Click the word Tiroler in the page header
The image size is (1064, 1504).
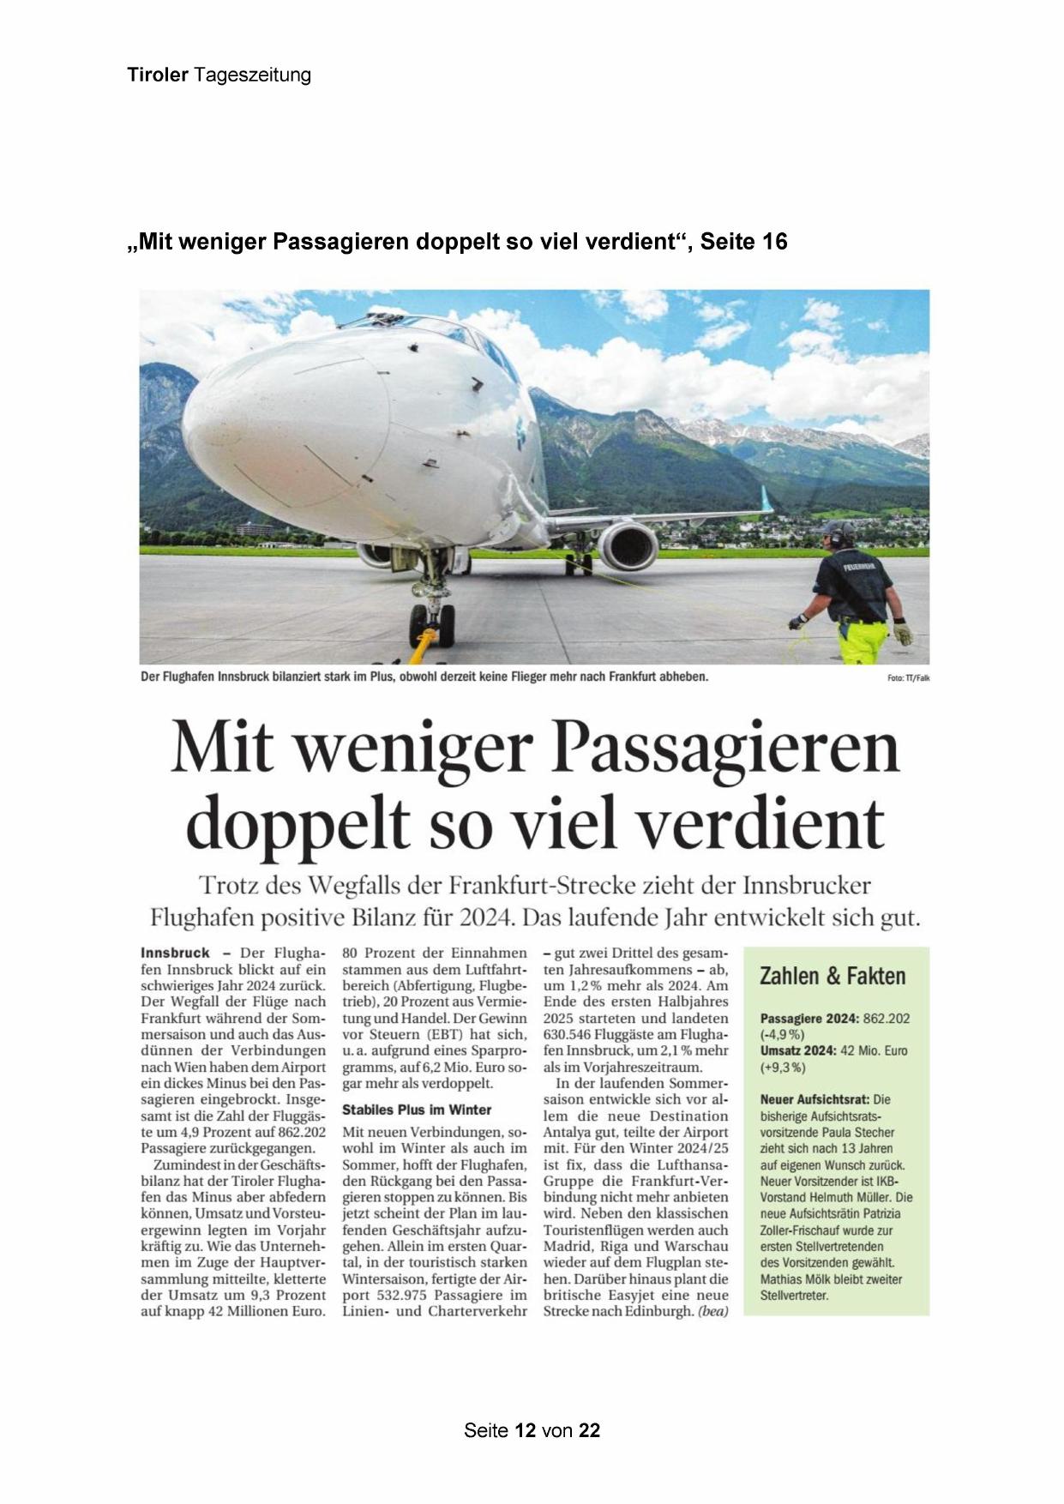tap(158, 75)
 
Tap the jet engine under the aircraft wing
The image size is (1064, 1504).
tap(627, 546)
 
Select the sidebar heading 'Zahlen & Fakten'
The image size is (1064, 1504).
tap(832, 977)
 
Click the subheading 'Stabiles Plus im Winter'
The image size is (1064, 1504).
tap(417, 1110)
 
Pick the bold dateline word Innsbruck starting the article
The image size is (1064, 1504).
tap(175, 953)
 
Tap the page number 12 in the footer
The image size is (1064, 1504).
tap(526, 1430)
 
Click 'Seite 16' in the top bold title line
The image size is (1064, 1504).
tap(743, 243)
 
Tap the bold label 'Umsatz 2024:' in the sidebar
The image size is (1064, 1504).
tap(798, 1050)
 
